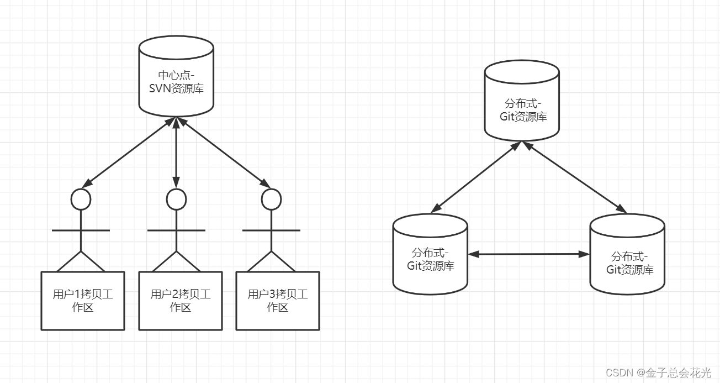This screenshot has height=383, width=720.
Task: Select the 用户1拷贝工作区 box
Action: (83, 301)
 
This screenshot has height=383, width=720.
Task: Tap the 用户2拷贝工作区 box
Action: (180, 301)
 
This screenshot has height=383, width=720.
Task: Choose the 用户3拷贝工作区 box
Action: (278, 301)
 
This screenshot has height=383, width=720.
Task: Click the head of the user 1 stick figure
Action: (81, 200)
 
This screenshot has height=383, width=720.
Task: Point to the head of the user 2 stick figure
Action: (176, 200)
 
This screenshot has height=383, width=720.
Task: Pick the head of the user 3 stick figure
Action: (271, 200)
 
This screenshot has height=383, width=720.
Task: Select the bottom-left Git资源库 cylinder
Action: (430, 254)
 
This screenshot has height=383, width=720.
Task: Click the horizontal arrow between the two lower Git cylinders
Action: (529, 254)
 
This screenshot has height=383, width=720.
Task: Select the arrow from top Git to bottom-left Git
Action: (476, 177)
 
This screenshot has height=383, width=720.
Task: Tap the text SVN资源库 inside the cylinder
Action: (176, 88)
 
